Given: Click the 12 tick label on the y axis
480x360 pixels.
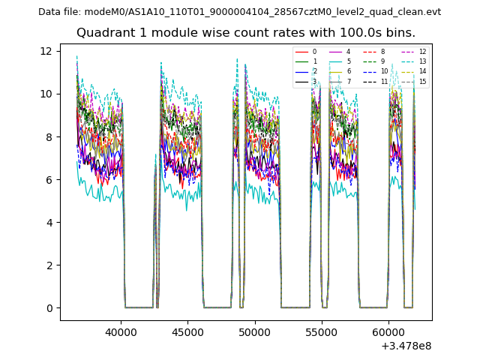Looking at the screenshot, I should tap(46, 51).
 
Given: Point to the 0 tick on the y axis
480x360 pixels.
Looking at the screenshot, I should tap(49, 307).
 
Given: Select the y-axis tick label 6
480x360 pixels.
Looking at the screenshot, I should tap(49, 179).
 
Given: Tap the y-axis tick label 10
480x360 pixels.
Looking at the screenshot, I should tap(46, 94).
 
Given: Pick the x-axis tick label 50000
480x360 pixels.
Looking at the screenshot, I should tap(255, 331).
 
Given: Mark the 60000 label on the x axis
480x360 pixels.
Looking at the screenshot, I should tap(388, 331).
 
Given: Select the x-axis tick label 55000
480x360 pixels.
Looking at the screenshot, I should tap(322, 331).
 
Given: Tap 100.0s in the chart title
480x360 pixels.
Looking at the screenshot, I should tap(344, 33).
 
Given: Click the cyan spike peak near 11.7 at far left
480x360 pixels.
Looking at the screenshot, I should tap(76, 56).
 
